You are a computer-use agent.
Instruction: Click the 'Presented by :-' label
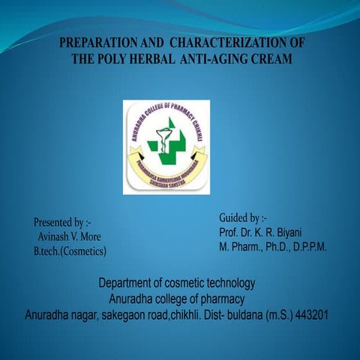coord(62,222)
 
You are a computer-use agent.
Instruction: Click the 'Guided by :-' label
coord(237,217)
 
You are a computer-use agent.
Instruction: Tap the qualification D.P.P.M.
coord(306,246)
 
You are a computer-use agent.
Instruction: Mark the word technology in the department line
coord(229,283)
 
